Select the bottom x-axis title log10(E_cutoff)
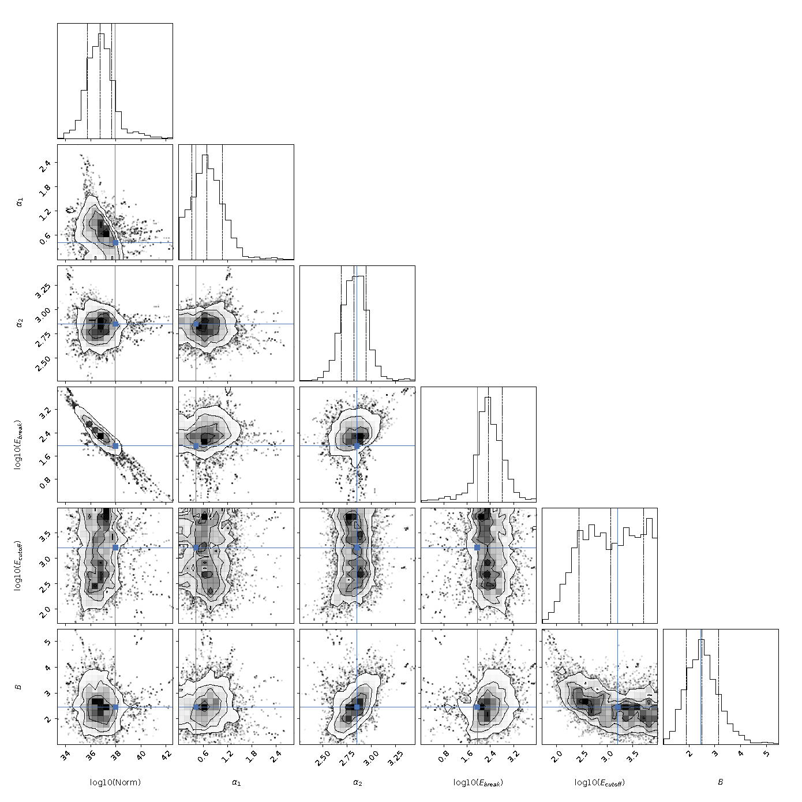click(599, 782)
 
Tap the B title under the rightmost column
click(721, 782)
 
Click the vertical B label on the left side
click(18, 687)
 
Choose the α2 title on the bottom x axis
click(357, 783)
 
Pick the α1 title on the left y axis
click(19, 202)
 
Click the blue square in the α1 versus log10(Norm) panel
click(115, 243)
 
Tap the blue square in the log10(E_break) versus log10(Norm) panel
click(115, 446)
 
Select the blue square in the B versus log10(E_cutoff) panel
click(617, 707)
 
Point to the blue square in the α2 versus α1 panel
click(196, 324)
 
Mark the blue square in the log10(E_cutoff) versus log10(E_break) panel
click(477, 548)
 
